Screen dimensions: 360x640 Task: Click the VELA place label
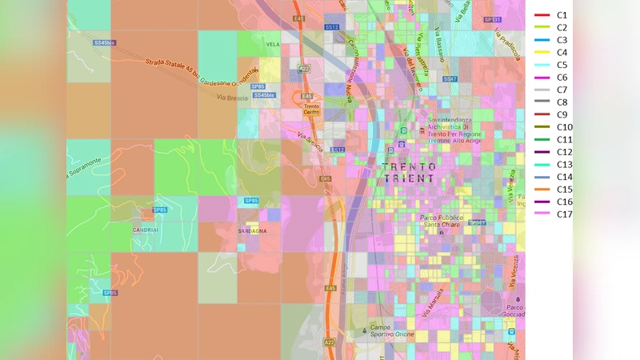273,45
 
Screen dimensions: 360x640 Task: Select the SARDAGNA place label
252,230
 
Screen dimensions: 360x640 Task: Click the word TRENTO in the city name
410,167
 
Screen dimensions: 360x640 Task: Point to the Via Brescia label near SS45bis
232,97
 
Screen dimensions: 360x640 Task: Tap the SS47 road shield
450,79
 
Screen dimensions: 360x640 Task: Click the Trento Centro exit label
312,110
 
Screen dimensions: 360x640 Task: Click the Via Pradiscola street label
506,42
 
